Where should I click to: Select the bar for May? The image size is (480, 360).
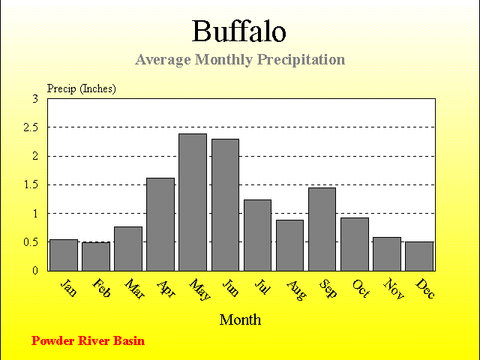[x=193, y=202]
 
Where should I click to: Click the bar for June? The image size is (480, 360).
[x=225, y=205]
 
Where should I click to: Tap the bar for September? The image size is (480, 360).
[x=322, y=229]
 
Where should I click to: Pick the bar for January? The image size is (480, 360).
[x=64, y=255]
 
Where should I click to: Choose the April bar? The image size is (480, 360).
[x=160, y=225]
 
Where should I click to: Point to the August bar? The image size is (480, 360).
[x=290, y=245]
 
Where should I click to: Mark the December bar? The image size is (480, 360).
[x=419, y=256]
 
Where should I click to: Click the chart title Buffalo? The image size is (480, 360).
[x=239, y=31]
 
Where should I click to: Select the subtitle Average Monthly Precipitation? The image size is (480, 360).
[x=240, y=60]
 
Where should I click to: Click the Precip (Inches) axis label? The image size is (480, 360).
[x=82, y=88]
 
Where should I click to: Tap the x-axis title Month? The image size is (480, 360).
[x=240, y=320]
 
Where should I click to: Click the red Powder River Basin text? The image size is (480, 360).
[x=88, y=340]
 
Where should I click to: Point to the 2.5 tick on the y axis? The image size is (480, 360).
[x=31, y=127]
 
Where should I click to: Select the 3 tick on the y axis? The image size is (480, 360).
[x=35, y=99]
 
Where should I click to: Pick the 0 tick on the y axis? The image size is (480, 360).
[x=35, y=271]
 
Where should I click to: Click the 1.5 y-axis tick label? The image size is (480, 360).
[x=31, y=185]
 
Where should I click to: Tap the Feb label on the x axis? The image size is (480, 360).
[x=101, y=288]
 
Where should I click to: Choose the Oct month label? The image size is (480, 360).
[x=361, y=288]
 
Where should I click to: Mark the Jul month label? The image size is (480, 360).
[x=262, y=286]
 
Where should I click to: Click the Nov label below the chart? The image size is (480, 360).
[x=394, y=288]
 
